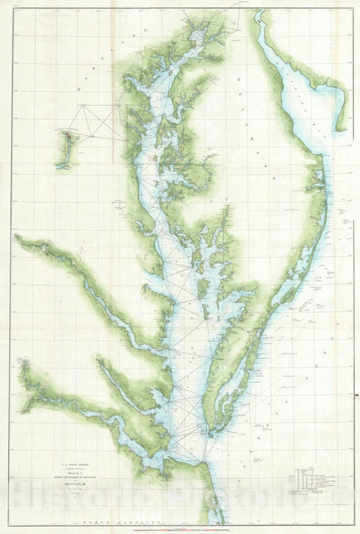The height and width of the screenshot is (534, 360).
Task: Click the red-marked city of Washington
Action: point(68,135)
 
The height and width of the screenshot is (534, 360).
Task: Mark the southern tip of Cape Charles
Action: point(211,433)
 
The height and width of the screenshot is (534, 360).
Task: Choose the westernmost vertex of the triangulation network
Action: point(82,105)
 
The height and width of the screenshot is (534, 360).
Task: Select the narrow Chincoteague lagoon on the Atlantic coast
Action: point(297,270)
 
